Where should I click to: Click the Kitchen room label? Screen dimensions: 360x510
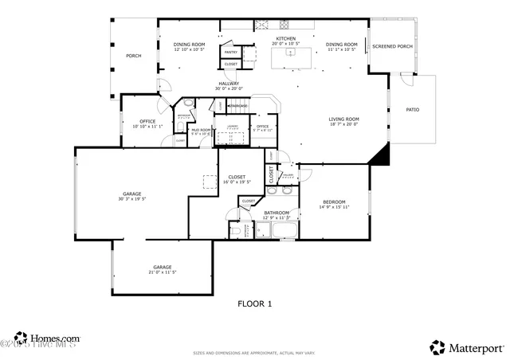coord(285,38)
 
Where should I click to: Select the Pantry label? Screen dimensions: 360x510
coord(230,52)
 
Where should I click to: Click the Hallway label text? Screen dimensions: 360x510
coord(229,84)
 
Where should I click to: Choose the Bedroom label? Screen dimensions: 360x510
coord(334,202)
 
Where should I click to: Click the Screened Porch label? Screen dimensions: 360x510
coord(392,46)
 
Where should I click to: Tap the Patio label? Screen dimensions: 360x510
coord(412,109)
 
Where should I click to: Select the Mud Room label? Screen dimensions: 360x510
coord(200,130)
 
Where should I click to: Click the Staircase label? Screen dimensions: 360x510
coord(238,106)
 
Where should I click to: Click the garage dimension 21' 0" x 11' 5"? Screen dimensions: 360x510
coord(162,272)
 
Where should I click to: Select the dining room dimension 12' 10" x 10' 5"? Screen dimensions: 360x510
coord(190,49)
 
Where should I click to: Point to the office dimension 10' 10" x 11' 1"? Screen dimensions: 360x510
coord(147,126)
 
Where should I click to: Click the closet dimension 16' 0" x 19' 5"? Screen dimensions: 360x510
coord(237,182)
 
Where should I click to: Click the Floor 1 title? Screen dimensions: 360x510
coord(255,303)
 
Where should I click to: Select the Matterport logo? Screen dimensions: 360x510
coord(467,347)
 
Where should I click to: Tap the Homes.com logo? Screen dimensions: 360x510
coord(46,338)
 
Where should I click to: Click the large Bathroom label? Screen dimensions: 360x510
coord(277,212)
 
